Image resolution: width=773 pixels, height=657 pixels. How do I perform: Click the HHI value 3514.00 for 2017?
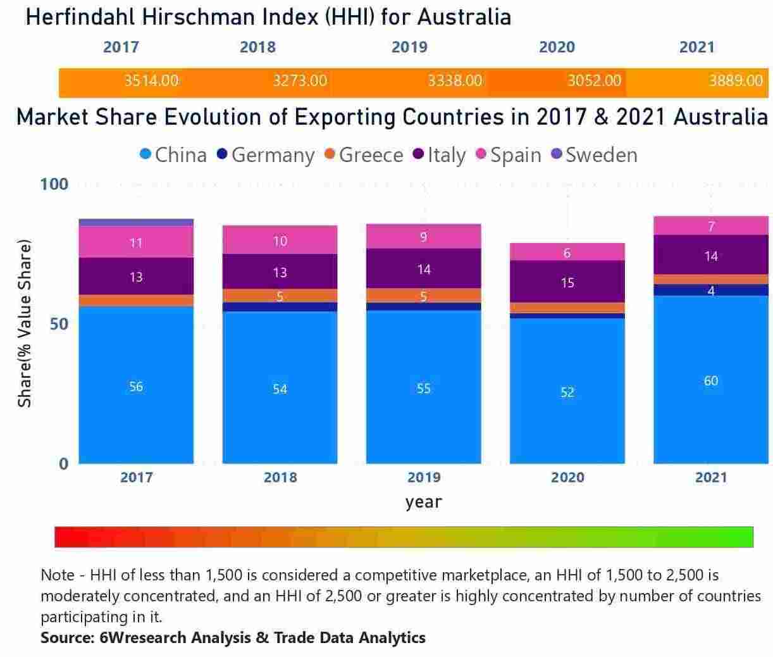click(x=151, y=81)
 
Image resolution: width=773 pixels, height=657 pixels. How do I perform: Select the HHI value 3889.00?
click(x=736, y=81)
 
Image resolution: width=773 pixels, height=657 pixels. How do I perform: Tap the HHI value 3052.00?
click(x=594, y=81)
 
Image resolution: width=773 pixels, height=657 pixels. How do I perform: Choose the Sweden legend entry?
click(x=594, y=155)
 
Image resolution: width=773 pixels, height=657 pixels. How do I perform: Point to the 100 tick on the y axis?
click(x=54, y=184)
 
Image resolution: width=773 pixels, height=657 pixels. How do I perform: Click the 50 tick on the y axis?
click(x=59, y=323)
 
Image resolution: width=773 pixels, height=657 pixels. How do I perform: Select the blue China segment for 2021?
click(x=710, y=380)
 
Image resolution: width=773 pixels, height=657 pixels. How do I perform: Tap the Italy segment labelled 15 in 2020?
click(x=567, y=282)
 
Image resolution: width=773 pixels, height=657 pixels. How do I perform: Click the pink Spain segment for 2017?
click(x=136, y=242)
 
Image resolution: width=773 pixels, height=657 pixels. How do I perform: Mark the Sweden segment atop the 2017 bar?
click(x=136, y=223)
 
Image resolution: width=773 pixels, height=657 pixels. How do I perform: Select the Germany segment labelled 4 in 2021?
click(x=710, y=291)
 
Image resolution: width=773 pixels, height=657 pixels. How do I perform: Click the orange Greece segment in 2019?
click(x=423, y=296)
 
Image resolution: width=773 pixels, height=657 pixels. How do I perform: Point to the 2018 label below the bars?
click(x=280, y=477)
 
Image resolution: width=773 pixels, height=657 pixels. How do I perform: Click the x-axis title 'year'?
click(x=423, y=502)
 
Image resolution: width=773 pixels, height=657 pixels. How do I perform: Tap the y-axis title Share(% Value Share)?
click(x=24, y=323)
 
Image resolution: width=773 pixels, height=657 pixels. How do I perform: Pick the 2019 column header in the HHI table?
click(x=409, y=47)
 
